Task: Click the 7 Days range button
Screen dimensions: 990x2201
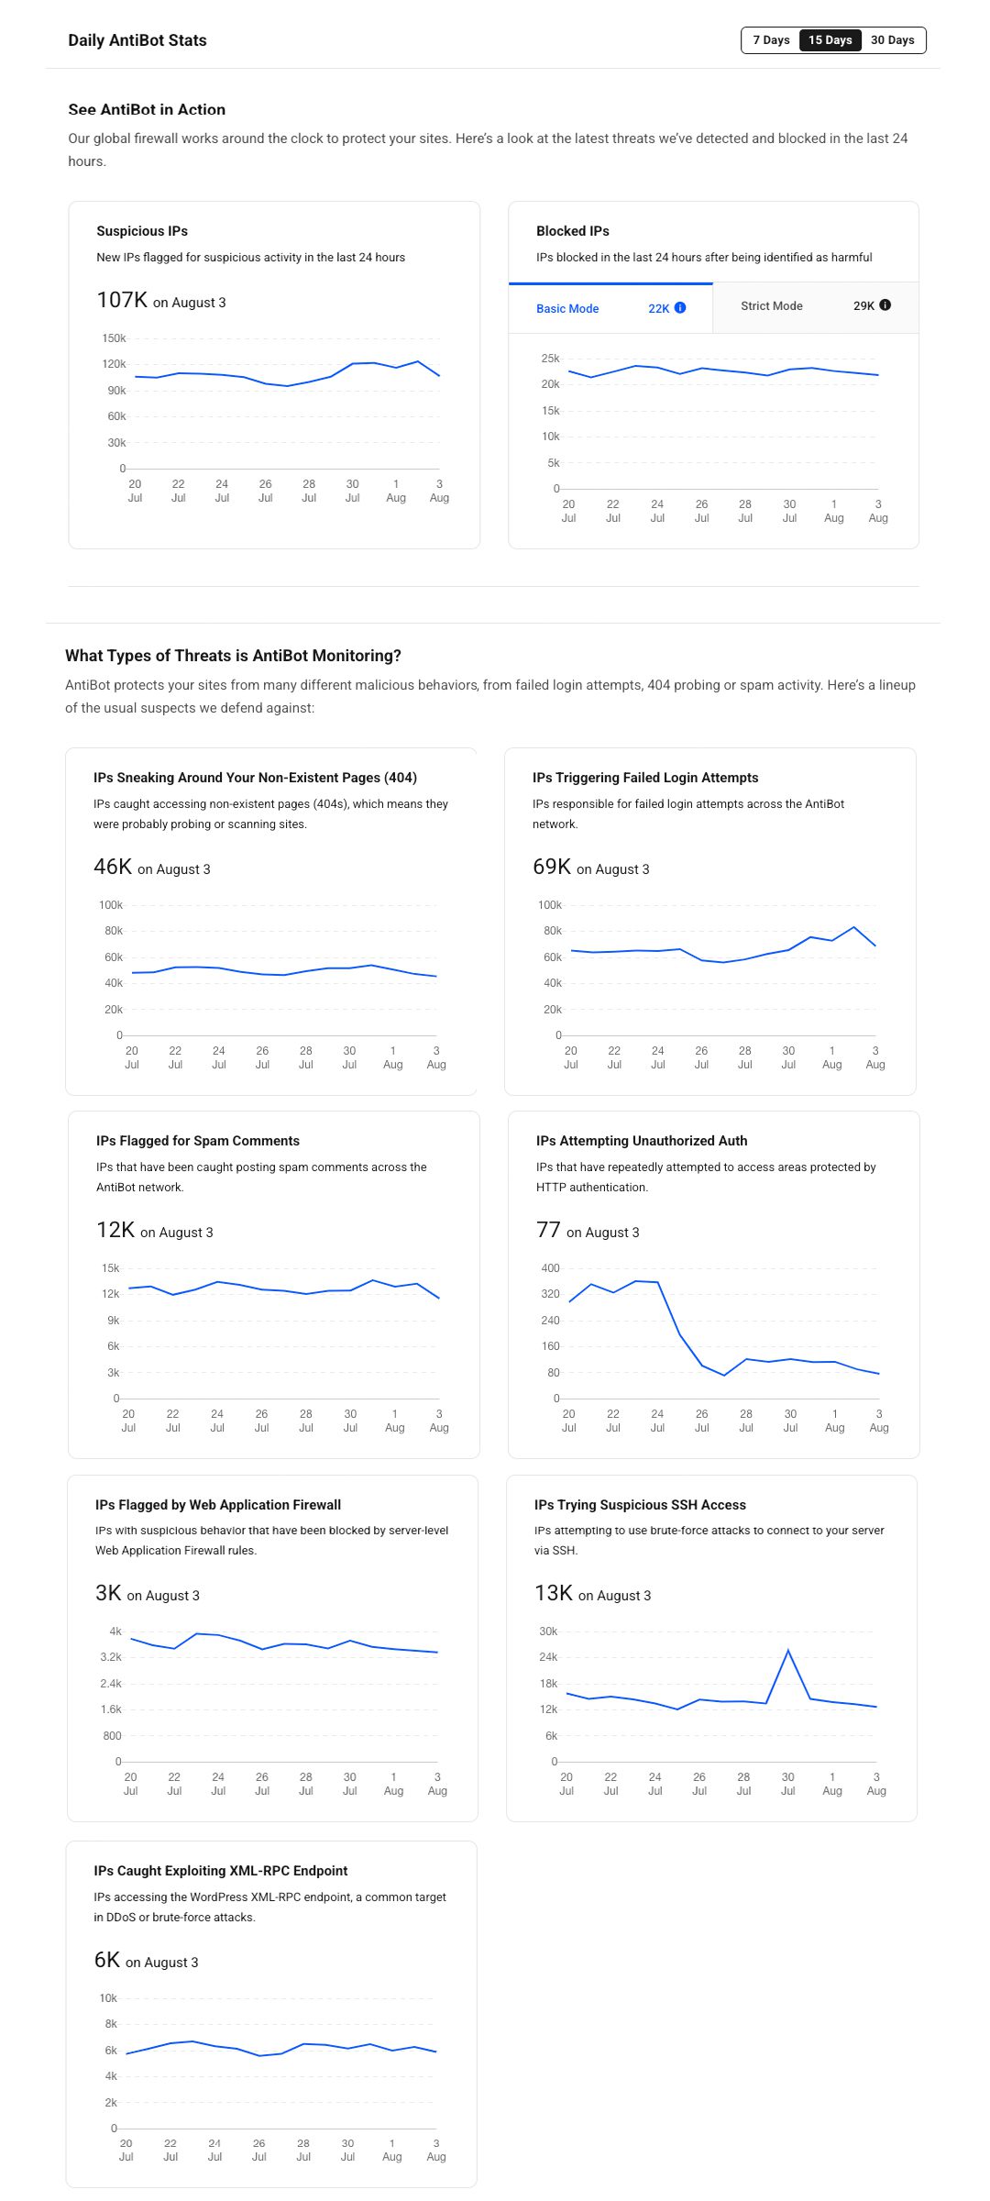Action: coord(771,40)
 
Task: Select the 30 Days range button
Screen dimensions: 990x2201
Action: coord(893,40)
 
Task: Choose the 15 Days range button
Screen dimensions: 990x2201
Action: coord(830,40)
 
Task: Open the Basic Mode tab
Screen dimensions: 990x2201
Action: coord(567,309)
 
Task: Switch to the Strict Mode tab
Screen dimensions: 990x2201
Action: coord(772,306)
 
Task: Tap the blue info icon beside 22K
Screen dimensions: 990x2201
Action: coord(680,308)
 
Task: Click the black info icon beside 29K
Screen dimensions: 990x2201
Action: coord(885,305)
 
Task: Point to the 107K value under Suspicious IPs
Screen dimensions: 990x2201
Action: coord(122,301)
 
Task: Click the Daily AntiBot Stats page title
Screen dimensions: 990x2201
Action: coord(137,40)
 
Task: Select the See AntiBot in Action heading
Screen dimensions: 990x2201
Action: coord(147,109)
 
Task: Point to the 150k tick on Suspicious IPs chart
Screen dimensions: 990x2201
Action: coord(114,338)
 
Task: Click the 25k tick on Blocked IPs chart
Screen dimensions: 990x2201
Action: coord(550,359)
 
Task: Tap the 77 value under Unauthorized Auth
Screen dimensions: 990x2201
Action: coord(548,1230)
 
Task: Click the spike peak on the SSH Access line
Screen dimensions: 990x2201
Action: coord(788,1651)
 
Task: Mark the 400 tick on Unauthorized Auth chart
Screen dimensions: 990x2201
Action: coord(550,1268)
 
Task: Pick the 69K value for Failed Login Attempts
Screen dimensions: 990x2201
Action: coord(552,868)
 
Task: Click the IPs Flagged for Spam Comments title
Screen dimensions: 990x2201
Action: coord(198,1141)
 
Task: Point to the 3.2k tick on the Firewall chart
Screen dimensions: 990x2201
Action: coord(111,1657)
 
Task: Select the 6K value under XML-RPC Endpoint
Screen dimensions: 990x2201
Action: coord(107,1960)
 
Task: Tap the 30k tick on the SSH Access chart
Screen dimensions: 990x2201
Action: coord(548,1631)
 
